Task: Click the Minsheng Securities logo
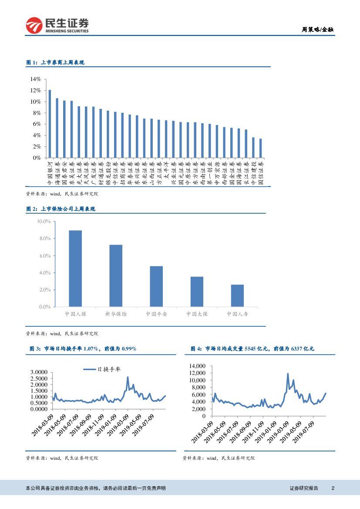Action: pos(57,25)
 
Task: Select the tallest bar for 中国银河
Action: pos(50,124)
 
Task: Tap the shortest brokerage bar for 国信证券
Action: pos(260,148)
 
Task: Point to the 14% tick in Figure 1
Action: pos(35,79)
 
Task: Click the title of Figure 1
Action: pos(55,63)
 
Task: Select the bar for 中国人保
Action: pos(75,269)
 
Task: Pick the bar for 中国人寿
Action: pos(237,296)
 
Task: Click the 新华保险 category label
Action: pos(116,313)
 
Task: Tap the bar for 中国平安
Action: pos(156,287)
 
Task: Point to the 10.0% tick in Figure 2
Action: pos(44,222)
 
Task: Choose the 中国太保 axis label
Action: pos(197,313)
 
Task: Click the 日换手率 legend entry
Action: pos(102,369)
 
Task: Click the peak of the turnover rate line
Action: pos(128,377)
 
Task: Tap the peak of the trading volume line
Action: pos(288,374)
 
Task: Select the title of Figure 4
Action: pos(252,349)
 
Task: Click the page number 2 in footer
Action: pos(333,488)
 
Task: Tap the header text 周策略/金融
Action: pos(317,30)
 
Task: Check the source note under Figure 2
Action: pos(62,334)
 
